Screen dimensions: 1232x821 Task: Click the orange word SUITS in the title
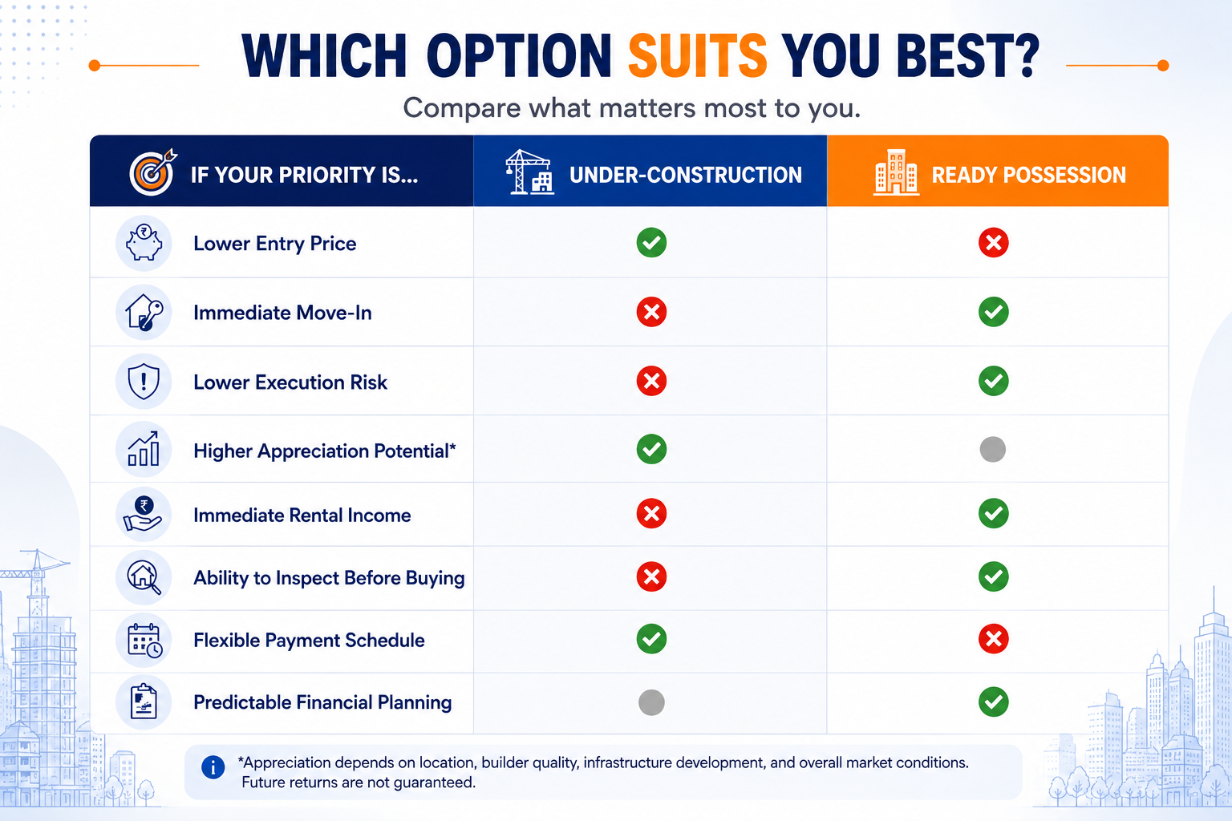pyautogui.click(x=697, y=55)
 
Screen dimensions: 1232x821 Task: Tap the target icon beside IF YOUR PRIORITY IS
pyautogui.click(x=152, y=172)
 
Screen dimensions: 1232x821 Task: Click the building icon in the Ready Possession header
pyautogui.click(x=896, y=172)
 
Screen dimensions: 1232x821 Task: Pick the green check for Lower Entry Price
pyautogui.click(x=651, y=242)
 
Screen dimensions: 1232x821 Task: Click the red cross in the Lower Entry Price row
pyautogui.click(x=993, y=242)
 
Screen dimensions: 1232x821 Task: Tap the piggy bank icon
pyautogui.click(x=144, y=242)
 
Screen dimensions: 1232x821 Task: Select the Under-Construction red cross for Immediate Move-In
pyautogui.click(x=651, y=312)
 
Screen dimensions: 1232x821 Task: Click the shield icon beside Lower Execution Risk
pyautogui.click(x=144, y=382)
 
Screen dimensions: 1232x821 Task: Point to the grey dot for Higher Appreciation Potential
pyautogui.click(x=993, y=449)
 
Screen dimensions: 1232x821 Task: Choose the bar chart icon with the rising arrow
pyautogui.click(x=144, y=449)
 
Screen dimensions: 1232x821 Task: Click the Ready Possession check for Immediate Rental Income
pyautogui.click(x=993, y=513)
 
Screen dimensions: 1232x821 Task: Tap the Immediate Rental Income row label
pyautogui.click(x=302, y=516)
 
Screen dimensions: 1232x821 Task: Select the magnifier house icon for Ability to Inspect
pyautogui.click(x=144, y=577)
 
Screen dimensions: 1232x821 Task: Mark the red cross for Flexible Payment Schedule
pyautogui.click(x=993, y=638)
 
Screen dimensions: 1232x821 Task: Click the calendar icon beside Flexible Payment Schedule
pyautogui.click(x=144, y=641)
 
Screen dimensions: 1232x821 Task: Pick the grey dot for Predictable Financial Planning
pyautogui.click(x=651, y=702)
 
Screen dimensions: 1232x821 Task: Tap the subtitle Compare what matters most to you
pyautogui.click(x=631, y=107)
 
